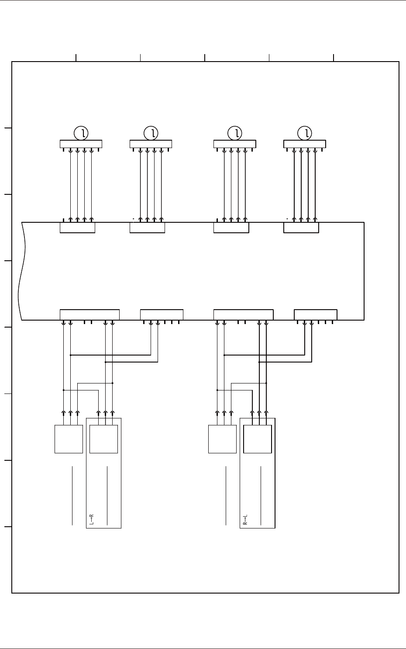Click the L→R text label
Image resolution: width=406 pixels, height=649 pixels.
(x=92, y=519)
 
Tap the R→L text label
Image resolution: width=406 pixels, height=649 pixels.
(x=245, y=519)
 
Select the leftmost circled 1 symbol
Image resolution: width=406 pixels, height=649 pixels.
(x=81, y=132)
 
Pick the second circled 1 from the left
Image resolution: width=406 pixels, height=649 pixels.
(x=151, y=132)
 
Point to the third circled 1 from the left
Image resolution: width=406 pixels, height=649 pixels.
(x=234, y=132)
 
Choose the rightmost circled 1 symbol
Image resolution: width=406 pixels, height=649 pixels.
(x=305, y=132)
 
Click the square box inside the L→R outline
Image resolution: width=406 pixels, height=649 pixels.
(x=103, y=439)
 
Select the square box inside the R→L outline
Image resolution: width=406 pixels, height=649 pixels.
(x=257, y=439)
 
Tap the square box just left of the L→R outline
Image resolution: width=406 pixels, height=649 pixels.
(x=69, y=439)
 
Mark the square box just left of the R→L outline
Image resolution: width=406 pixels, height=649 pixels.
(x=222, y=439)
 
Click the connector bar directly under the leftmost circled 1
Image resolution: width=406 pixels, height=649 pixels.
(x=81, y=144)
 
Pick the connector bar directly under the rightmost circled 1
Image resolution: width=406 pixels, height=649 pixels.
(x=305, y=144)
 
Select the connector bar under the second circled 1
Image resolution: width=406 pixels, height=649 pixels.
(x=151, y=144)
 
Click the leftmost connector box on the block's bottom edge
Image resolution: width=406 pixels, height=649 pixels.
(x=89, y=314)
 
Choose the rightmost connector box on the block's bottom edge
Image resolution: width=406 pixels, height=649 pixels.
(x=316, y=314)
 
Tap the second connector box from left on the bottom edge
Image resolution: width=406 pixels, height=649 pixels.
(x=162, y=314)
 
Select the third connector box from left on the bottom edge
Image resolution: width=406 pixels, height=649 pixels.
(x=243, y=314)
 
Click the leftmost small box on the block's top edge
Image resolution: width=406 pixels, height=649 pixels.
(x=77, y=228)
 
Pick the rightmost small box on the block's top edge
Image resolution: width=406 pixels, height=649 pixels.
(x=301, y=228)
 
